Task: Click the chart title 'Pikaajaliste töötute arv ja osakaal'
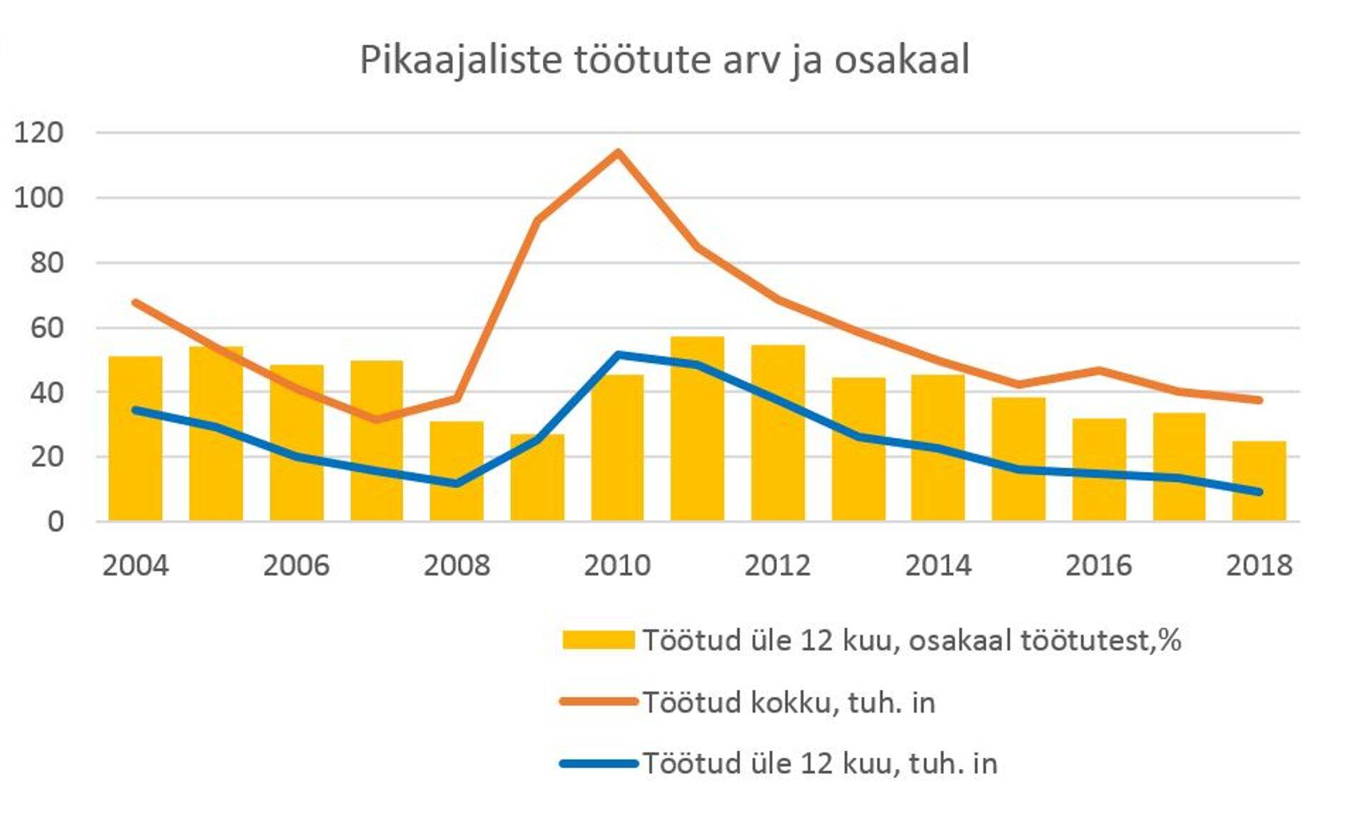click(664, 60)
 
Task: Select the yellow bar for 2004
click(136, 439)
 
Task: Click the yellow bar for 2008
click(457, 471)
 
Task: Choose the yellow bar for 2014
click(938, 448)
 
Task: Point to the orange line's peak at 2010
click(618, 152)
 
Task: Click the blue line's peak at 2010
click(618, 355)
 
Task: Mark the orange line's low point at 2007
click(377, 419)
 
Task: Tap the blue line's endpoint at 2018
click(1259, 492)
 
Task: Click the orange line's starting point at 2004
click(136, 302)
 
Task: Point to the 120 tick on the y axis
click(39, 133)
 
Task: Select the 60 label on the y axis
click(47, 328)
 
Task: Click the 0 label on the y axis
click(56, 522)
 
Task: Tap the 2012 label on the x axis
click(778, 566)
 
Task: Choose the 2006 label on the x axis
click(296, 566)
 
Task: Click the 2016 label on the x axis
click(1099, 566)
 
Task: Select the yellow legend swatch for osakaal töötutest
click(598, 640)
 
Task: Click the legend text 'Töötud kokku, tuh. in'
click(788, 703)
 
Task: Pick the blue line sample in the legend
click(598, 764)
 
